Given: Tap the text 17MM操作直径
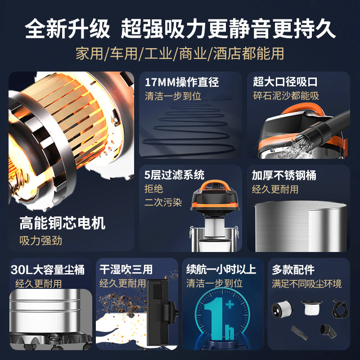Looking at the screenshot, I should (x=181, y=83).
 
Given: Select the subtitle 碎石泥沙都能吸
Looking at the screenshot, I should (x=286, y=96).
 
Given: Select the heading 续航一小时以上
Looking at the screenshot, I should (x=221, y=270).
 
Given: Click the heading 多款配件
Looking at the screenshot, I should (x=293, y=270).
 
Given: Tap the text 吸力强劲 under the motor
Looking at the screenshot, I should (x=41, y=240).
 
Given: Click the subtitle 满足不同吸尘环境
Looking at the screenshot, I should (x=306, y=283).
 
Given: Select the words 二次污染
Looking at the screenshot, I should (x=164, y=202).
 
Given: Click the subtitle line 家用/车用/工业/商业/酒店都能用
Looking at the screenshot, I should (x=180, y=54).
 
